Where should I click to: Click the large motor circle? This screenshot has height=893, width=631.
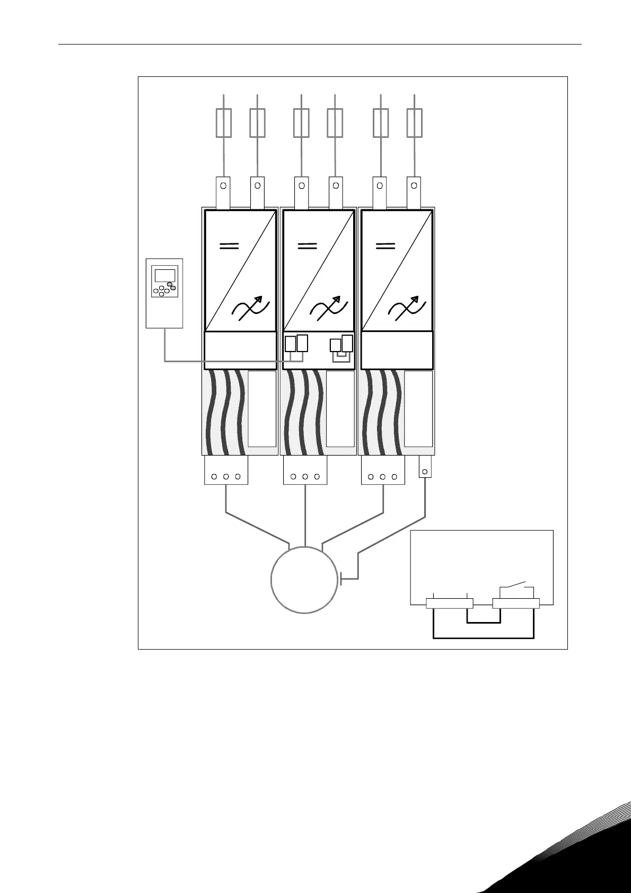pos(304,580)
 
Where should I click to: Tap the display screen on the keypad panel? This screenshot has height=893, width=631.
pos(164,276)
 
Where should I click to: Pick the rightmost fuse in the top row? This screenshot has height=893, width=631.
pos(414,123)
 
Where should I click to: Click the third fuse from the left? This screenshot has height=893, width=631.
pos(301,123)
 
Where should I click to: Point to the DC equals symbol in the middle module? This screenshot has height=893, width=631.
pos(307,246)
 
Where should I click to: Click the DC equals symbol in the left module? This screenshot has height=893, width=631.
pos(229,246)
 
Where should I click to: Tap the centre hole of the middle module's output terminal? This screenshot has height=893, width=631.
pos(305,477)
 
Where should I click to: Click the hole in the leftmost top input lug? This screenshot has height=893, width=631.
pos(224,186)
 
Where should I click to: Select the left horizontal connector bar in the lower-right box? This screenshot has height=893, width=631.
pos(450,603)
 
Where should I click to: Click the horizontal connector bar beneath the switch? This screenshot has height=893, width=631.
pos(516,603)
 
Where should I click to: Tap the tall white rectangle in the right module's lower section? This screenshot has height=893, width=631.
pos(418,408)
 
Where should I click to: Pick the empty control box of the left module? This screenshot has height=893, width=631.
pos(240,350)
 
